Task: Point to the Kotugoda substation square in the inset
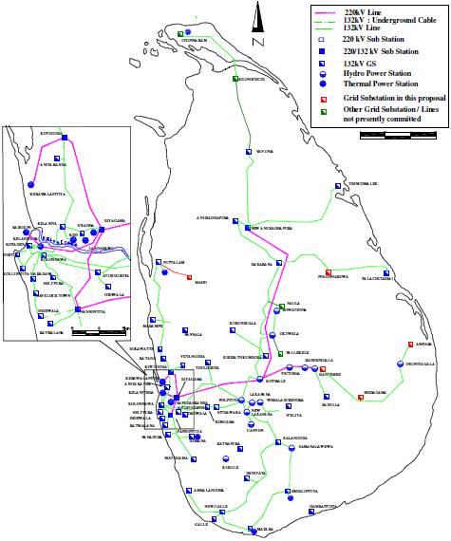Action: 66,139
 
